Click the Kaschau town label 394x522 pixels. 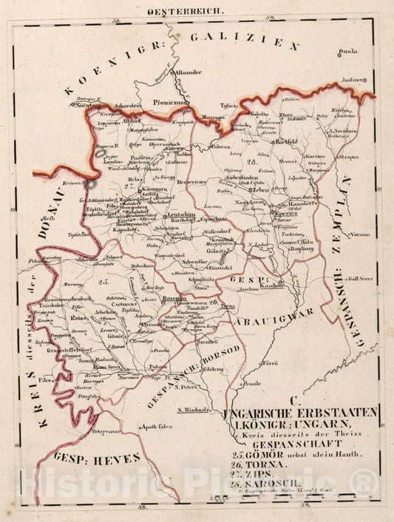tap(273, 285)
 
